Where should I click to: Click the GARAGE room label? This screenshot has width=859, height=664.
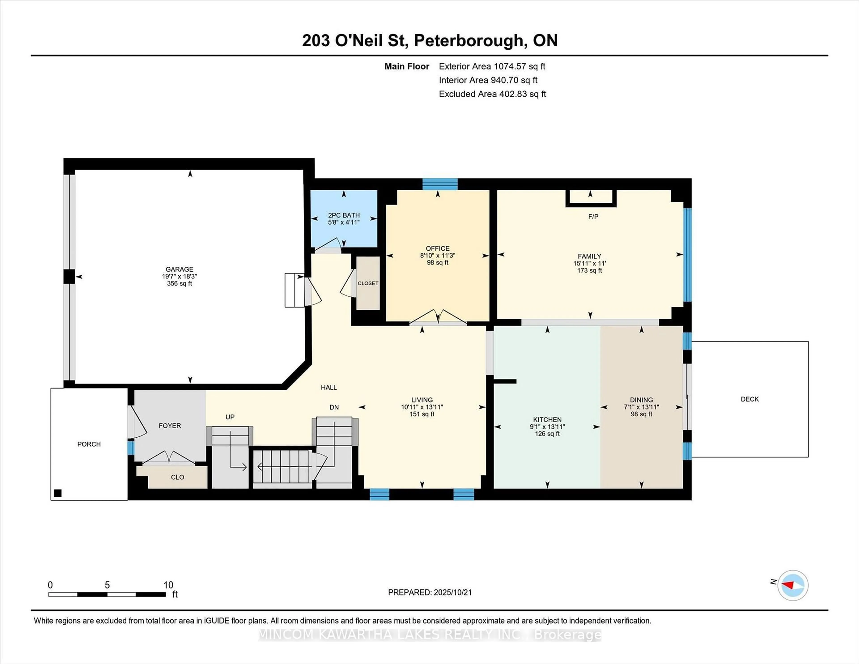[179, 269]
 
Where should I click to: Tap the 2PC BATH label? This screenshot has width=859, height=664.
[344, 215]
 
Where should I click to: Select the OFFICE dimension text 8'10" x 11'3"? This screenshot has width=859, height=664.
[437, 255]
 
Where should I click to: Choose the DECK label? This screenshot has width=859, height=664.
[750, 399]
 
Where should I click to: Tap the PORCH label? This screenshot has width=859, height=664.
[89, 444]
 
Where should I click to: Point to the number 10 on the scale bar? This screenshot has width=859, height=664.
[168, 585]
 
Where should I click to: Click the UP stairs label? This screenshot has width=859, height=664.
[230, 417]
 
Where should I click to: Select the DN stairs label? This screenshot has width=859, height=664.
[334, 407]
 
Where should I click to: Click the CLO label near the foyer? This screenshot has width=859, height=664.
[177, 477]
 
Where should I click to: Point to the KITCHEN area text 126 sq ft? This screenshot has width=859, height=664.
[547, 434]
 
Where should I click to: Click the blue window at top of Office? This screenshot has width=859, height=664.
[440, 184]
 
